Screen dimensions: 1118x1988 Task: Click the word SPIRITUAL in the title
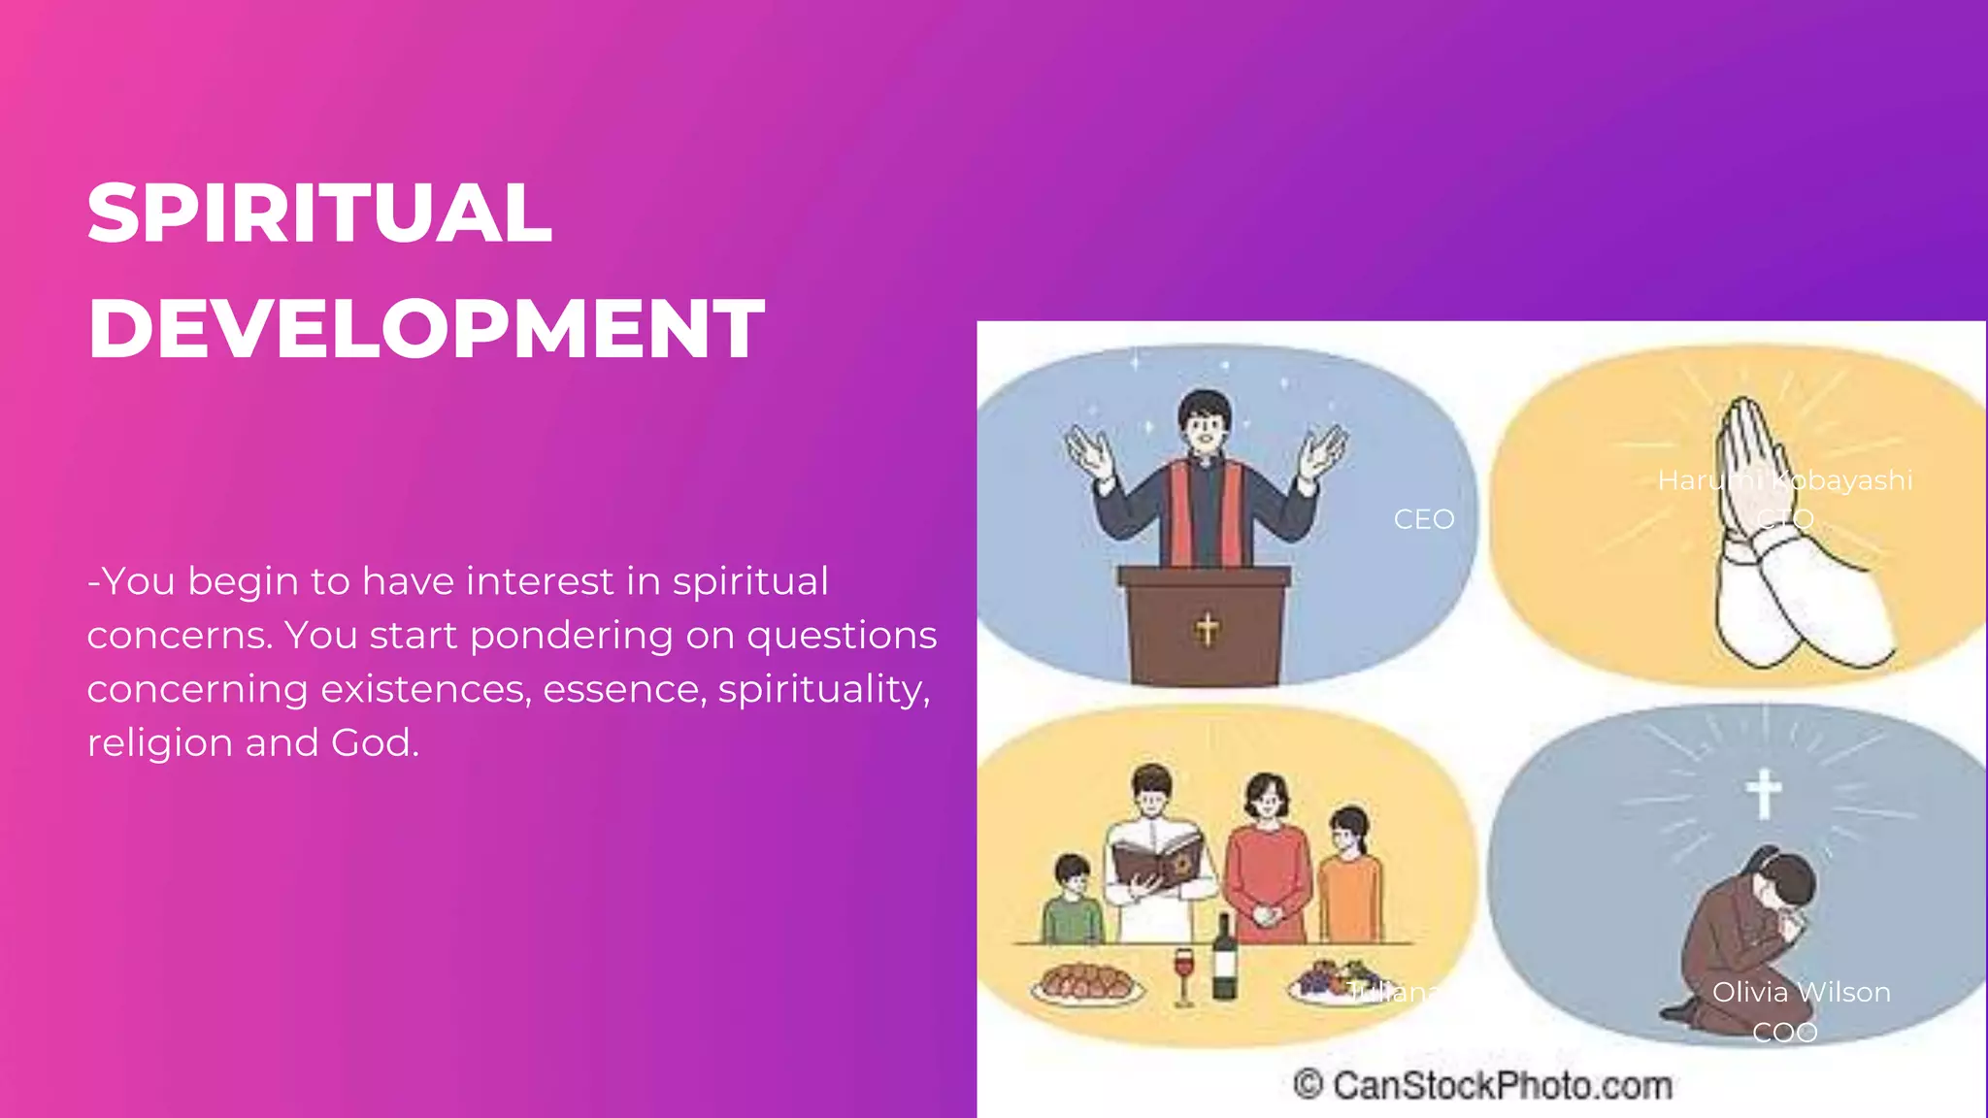[319, 213]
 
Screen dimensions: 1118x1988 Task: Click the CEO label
[1423, 519]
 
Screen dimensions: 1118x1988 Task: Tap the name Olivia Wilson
[1801, 992]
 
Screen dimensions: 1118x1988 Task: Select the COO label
[1784, 1032]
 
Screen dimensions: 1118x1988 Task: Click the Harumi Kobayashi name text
[1784, 480]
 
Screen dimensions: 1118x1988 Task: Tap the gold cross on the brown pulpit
[1207, 629]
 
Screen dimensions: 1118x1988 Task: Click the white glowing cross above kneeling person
[1764, 793]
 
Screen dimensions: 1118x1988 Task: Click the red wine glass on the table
[1183, 973]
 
